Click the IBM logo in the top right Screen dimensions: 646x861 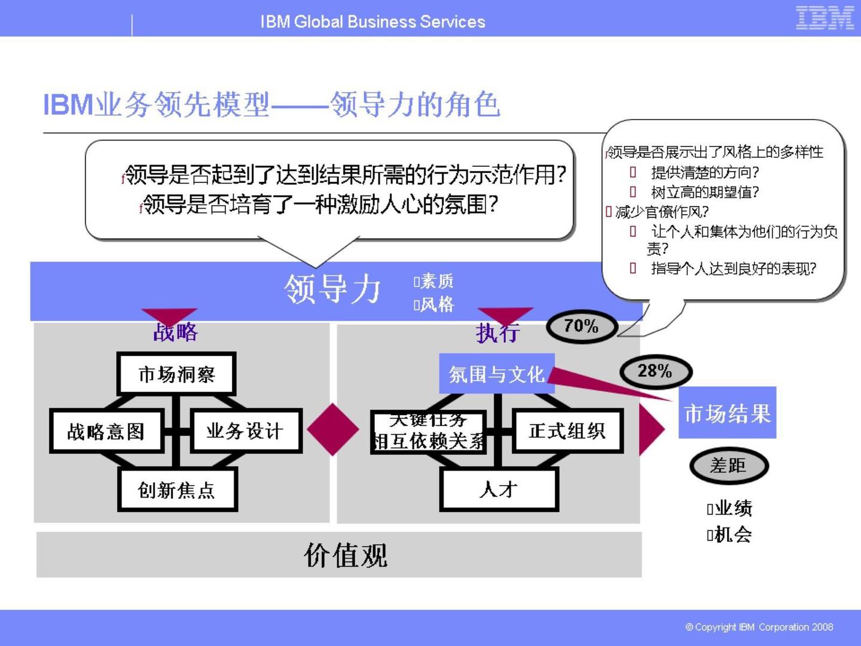pos(825,18)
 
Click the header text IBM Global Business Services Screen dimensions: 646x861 pos(373,22)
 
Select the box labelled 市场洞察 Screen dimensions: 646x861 pos(176,374)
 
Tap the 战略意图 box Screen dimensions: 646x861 pos(106,431)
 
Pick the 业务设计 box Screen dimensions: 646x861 pos(245,431)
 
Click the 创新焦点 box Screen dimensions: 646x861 pos(176,490)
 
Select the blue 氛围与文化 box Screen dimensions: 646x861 pos(496,374)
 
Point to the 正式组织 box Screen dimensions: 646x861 pos(567,431)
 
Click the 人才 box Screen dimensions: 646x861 pos(498,490)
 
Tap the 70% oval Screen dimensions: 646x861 pos(581,327)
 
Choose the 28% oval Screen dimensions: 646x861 pos(655,371)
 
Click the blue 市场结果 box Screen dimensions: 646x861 pos(727,413)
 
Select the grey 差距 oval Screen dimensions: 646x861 pos(728,466)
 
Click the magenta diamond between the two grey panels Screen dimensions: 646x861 pos(332,429)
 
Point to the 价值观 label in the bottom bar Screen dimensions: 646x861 pos(346,556)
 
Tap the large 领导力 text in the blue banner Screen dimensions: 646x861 pos(332,289)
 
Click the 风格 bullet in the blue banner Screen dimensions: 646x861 pos(435,305)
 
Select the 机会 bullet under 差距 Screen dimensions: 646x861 pos(731,535)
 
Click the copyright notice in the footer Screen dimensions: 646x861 pos(759,627)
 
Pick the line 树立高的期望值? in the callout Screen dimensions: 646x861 pos(704,192)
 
